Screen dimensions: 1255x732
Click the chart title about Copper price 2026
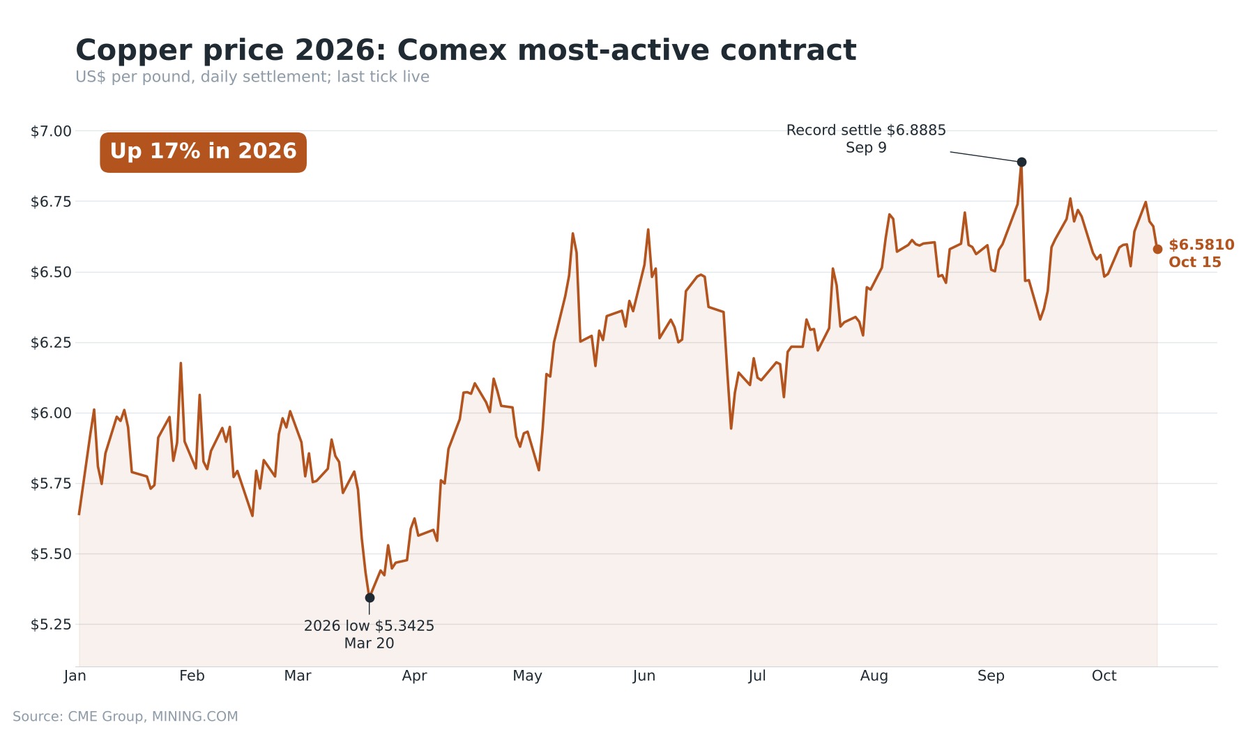coord(466,50)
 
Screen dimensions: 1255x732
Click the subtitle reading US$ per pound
coord(252,77)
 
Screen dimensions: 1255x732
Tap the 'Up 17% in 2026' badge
coord(203,152)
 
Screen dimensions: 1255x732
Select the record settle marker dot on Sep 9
coord(1021,162)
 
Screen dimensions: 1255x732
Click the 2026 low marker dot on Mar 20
coord(370,597)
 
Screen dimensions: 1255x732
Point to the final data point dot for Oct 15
coord(1157,249)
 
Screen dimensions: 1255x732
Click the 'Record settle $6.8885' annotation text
coord(866,130)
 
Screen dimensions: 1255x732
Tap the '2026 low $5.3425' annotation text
coord(369,626)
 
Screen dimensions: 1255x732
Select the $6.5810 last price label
coord(1201,245)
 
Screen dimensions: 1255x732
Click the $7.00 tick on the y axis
coord(51,131)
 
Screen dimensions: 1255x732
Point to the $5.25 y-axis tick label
coord(51,625)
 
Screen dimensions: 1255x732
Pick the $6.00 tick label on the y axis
coord(51,413)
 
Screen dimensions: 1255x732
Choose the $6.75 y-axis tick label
coord(51,202)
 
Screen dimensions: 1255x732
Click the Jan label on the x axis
coord(75,676)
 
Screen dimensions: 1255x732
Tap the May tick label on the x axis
coord(527,676)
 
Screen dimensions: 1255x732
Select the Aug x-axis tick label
coord(874,676)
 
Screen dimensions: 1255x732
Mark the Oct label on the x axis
coord(1104,676)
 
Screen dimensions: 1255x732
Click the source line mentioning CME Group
coord(125,717)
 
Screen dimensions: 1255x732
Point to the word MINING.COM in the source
coord(195,717)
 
